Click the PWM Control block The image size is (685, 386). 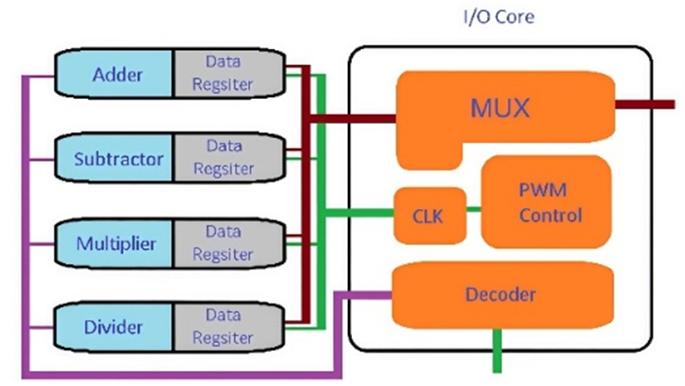[x=546, y=201]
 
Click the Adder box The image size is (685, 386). [x=118, y=73]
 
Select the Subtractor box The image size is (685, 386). [x=118, y=158]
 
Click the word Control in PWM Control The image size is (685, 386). [x=551, y=217]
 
